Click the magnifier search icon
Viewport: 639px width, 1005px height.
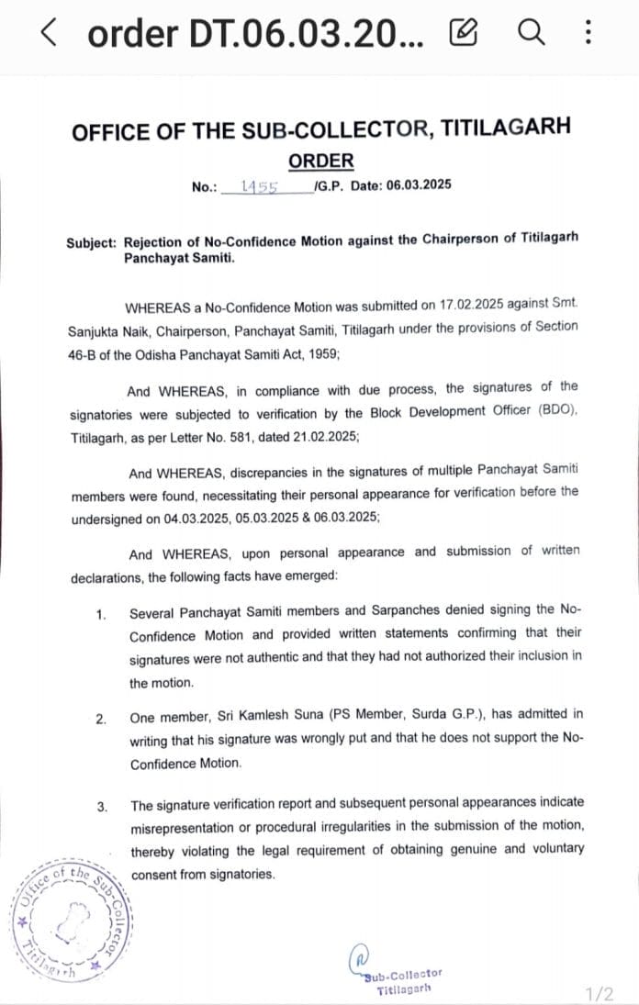[x=531, y=34]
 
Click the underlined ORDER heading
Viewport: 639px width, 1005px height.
[x=320, y=162]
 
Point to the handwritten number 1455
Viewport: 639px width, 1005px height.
[x=260, y=186]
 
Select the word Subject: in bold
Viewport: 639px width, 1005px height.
[x=92, y=242]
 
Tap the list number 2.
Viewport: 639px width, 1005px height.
[x=101, y=718]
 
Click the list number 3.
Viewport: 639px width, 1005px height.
[x=101, y=807]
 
